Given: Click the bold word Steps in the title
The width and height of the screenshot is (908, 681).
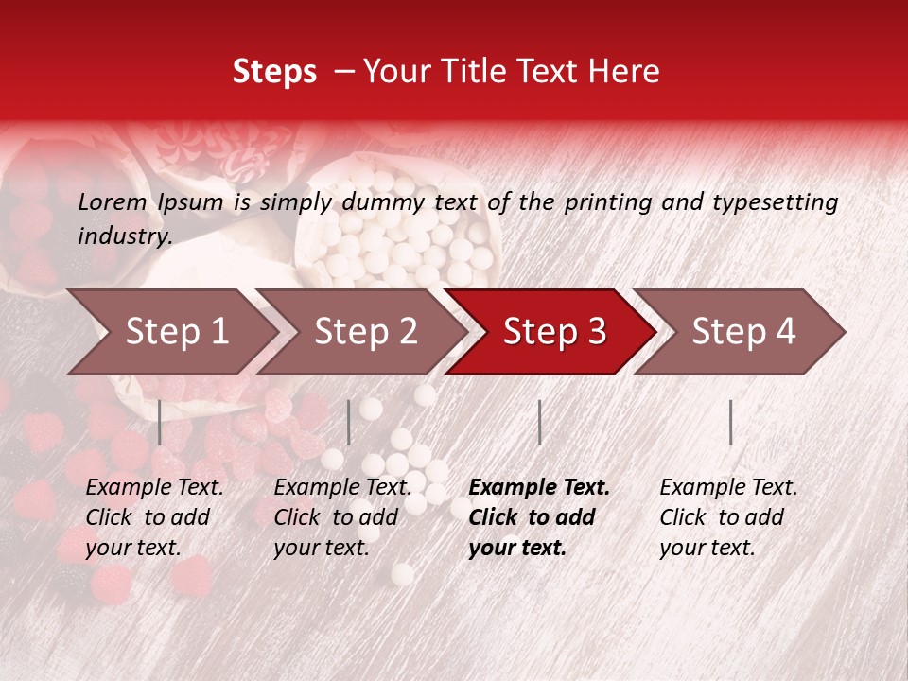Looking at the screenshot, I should [x=274, y=72].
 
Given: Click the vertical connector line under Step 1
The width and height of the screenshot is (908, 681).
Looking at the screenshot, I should [x=160, y=422].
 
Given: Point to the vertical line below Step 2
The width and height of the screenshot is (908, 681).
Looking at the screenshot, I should [x=349, y=422].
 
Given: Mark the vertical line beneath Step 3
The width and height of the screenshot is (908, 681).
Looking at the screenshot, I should [x=539, y=422].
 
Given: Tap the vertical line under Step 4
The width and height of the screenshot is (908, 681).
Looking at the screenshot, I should [x=730, y=422].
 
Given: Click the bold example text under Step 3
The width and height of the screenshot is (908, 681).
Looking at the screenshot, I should [x=539, y=517].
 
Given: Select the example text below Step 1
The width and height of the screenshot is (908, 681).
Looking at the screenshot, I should [x=154, y=517].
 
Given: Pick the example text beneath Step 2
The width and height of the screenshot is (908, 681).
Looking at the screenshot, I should [x=342, y=517].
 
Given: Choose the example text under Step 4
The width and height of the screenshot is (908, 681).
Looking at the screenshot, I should [x=728, y=517].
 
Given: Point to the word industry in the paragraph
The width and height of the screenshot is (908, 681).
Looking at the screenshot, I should [x=124, y=236].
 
